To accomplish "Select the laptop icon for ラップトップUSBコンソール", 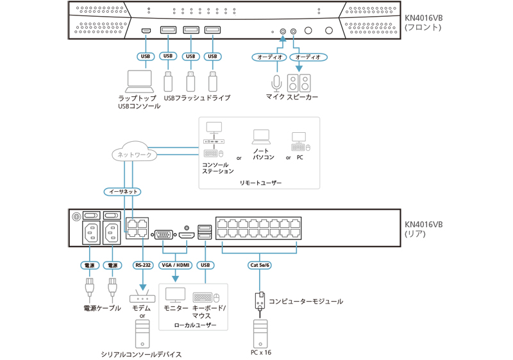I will click(139, 80).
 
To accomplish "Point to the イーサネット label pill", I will click(122, 191).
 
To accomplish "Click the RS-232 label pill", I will click(142, 264).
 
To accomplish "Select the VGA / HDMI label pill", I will click(176, 264).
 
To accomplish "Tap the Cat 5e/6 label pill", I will click(260, 264).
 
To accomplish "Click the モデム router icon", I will click(142, 297).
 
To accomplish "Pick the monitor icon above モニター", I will click(175, 295).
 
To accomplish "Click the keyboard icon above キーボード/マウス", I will click(203, 297).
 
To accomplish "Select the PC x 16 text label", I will click(260, 352).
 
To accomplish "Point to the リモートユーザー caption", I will click(260, 183).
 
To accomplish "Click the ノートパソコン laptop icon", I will click(262, 136).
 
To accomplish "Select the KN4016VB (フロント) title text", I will click(423, 22).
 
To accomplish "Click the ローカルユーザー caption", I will click(195, 325).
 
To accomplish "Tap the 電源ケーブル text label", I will click(102, 309).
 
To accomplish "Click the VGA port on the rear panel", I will click(163, 235).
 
